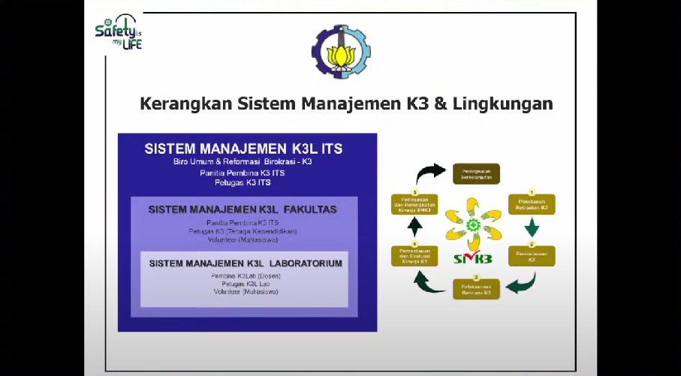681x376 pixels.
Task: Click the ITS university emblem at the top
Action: (340, 52)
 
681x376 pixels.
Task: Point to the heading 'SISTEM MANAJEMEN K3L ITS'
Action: (243, 148)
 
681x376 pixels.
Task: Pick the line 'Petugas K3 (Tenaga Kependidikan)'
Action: (243, 231)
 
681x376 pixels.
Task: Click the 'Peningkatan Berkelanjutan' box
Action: (475, 173)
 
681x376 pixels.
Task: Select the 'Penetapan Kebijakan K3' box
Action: (532, 203)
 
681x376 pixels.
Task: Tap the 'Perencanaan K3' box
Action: (532, 256)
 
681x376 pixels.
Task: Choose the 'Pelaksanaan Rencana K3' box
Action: (476, 288)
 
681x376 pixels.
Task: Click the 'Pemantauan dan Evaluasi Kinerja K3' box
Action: (414, 257)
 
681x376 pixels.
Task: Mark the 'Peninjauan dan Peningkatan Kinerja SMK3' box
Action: (414, 203)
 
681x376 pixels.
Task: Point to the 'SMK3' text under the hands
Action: (473, 260)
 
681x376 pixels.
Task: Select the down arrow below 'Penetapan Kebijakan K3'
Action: (532, 227)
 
